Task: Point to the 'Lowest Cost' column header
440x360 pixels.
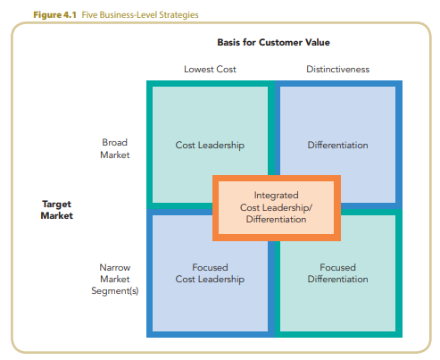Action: click(210, 69)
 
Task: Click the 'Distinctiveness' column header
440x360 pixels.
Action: click(337, 69)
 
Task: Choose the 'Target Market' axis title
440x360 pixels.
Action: click(56, 210)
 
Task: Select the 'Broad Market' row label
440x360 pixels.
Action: click(116, 148)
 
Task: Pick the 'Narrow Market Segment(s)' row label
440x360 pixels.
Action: click(114, 279)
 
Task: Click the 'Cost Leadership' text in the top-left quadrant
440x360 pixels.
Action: click(210, 145)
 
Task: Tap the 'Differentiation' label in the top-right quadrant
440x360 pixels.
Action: click(337, 145)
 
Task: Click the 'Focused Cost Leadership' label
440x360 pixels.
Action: click(210, 273)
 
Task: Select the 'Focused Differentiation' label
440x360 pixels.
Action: click(337, 273)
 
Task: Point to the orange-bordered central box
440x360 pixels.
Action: click(276, 207)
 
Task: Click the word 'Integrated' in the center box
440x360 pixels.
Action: click(276, 195)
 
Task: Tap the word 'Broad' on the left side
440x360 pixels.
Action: click(116, 142)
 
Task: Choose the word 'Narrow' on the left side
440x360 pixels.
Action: click(114, 267)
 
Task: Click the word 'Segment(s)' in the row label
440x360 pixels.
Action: click(114, 291)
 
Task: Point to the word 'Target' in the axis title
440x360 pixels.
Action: click(56, 204)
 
